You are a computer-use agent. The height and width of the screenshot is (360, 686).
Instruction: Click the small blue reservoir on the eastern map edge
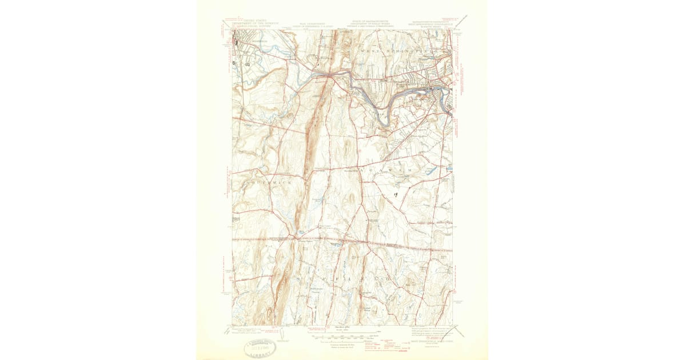click(449, 168)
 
